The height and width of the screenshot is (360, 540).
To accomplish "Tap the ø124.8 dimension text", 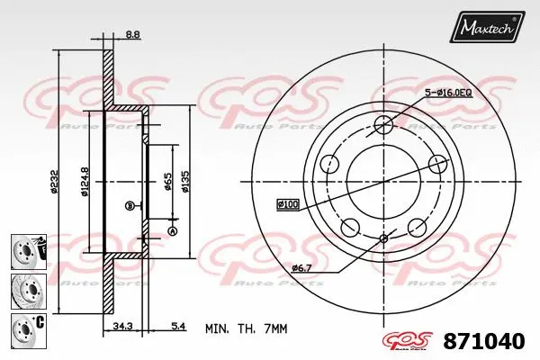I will [84, 180].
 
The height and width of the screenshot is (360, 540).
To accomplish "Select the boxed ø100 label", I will [288, 205].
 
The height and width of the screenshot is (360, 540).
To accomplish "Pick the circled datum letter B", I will [129, 205].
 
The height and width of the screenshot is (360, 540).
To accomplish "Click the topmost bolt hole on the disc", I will [383, 124].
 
